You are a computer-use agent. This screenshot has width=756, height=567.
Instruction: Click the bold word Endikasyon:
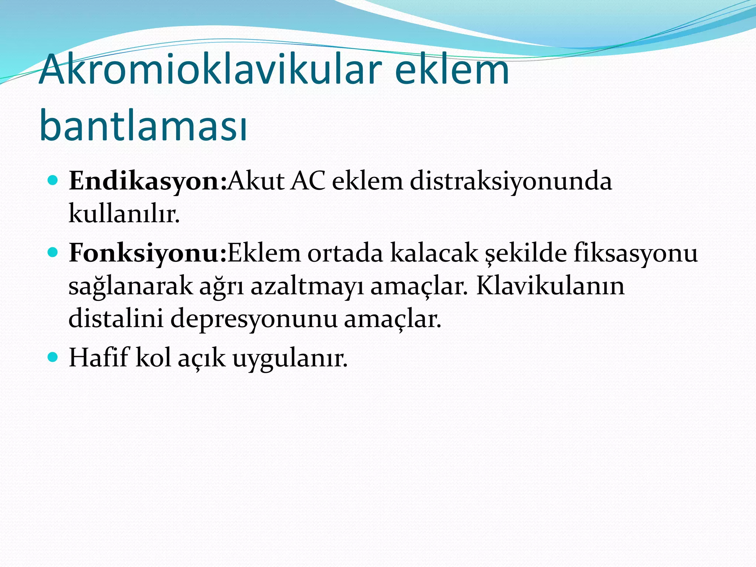147,182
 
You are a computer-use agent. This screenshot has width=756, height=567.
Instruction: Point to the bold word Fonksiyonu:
147,254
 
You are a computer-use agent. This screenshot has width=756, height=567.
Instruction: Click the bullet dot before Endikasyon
53,181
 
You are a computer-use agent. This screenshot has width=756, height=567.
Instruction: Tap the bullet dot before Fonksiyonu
53,253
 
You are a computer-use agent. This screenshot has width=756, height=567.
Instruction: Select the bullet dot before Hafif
53,357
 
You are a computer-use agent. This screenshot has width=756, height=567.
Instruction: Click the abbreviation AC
307,182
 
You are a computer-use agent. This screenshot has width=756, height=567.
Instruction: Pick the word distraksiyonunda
511,182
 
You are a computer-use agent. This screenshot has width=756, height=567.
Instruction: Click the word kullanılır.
124,214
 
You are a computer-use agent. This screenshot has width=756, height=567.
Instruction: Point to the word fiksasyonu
636,254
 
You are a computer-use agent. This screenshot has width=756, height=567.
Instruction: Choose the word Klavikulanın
550,286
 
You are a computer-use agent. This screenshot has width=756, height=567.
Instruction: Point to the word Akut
256,182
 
